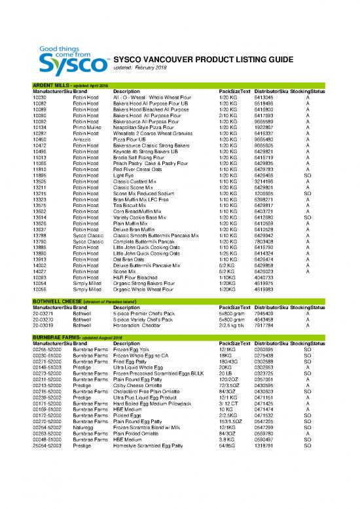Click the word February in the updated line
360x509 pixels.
pyautogui.click(x=152, y=69)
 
